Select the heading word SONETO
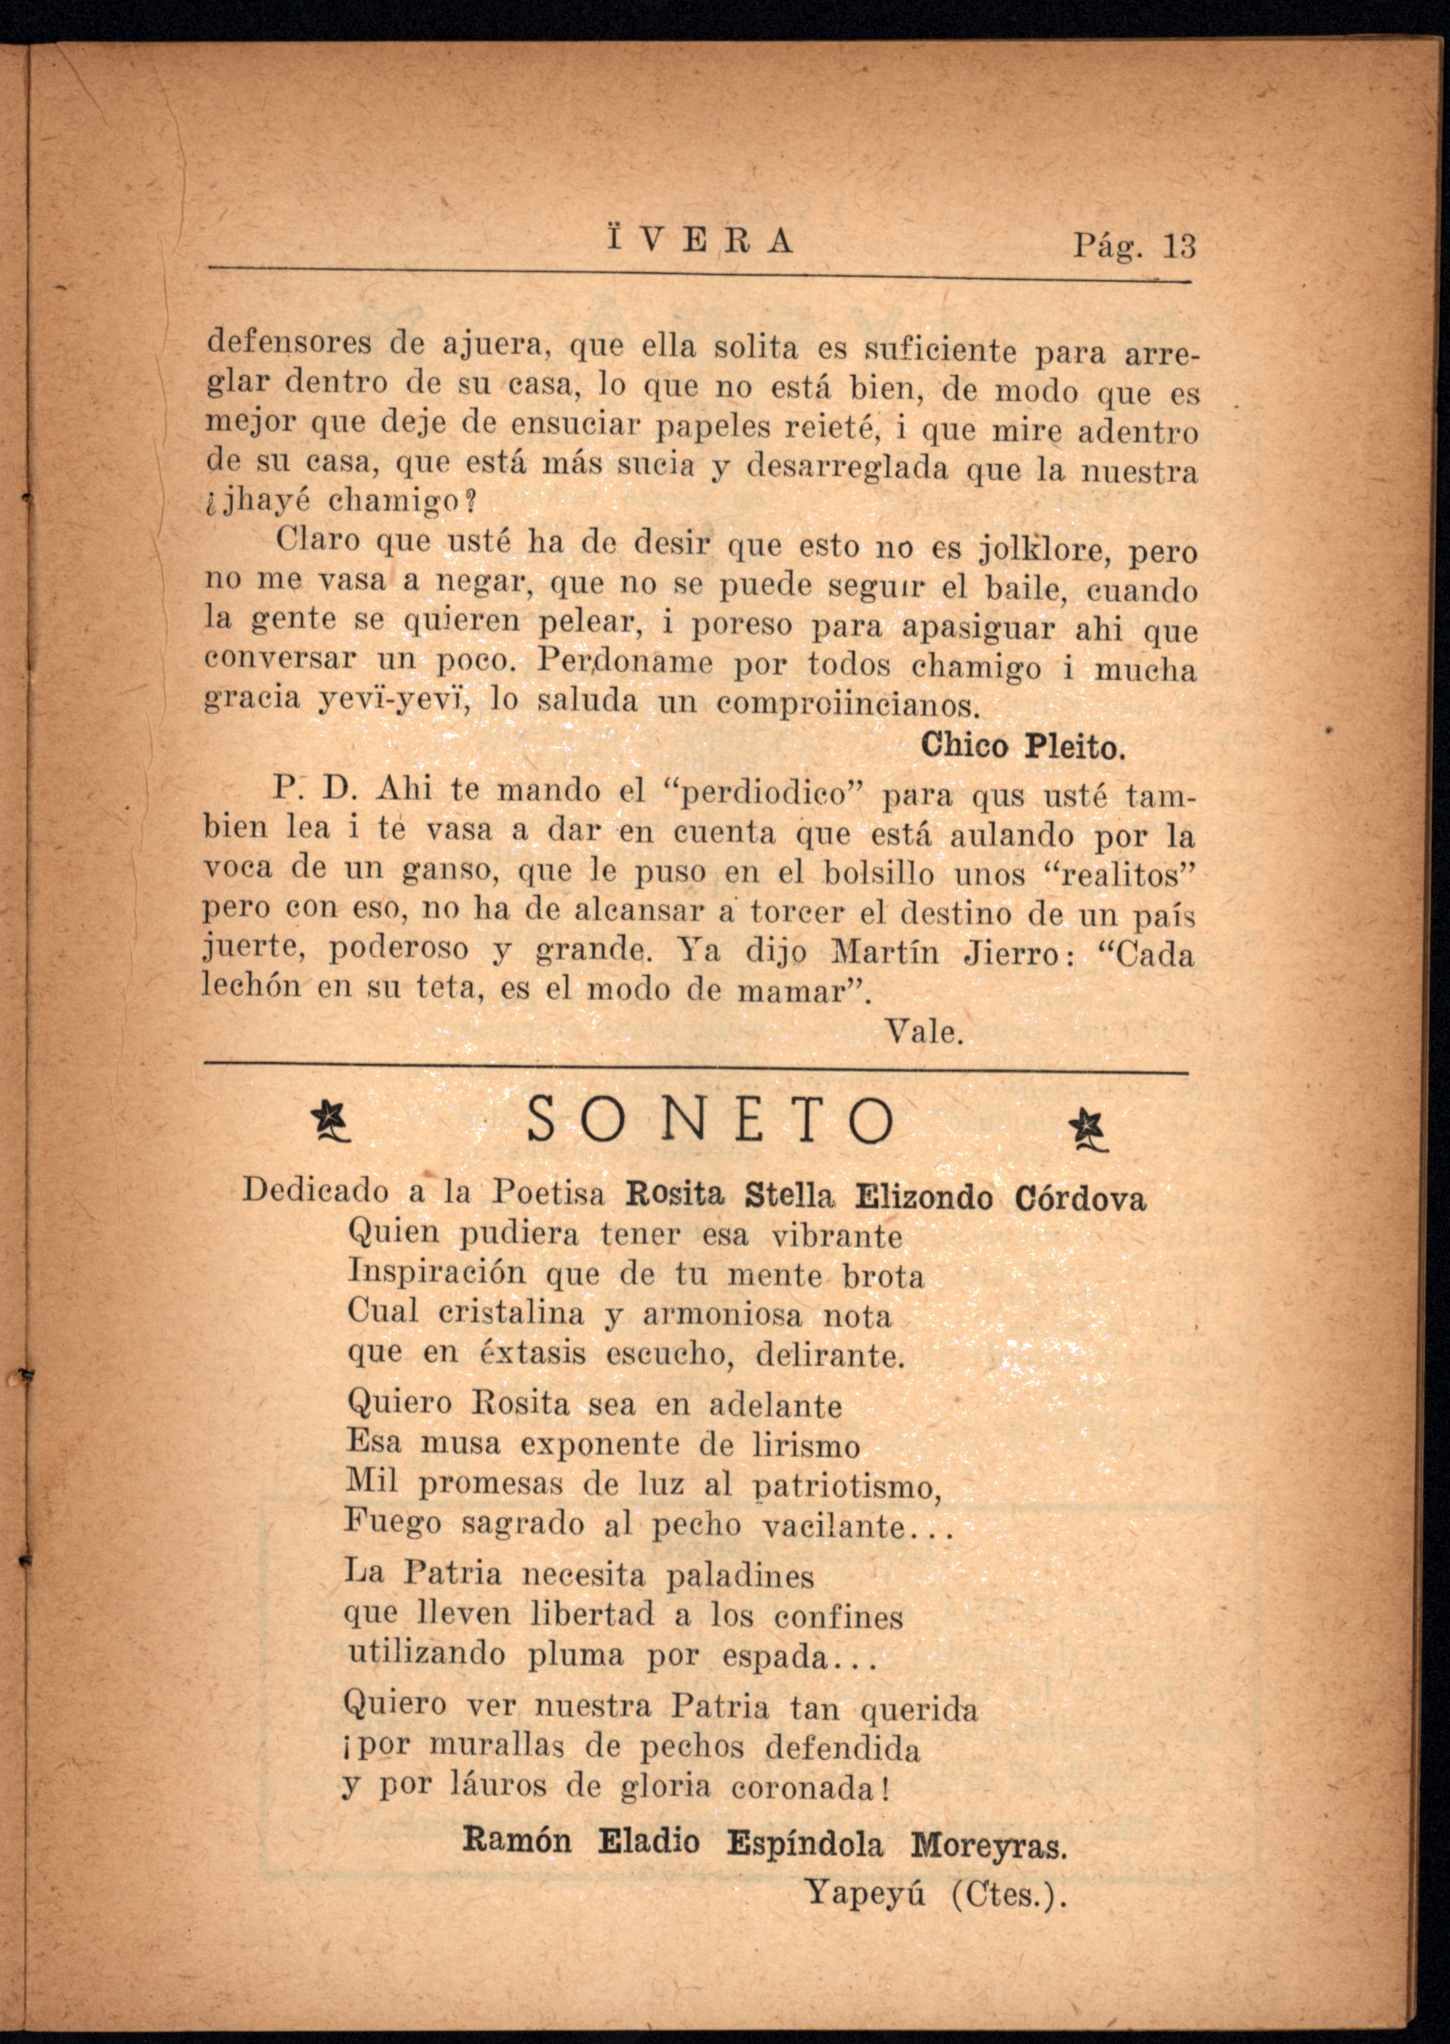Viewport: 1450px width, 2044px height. (x=710, y=1122)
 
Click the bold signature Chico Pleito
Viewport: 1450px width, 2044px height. (x=1023, y=746)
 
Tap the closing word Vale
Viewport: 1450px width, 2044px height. (x=924, y=1033)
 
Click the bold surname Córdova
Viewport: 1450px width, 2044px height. (x=1080, y=1198)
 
